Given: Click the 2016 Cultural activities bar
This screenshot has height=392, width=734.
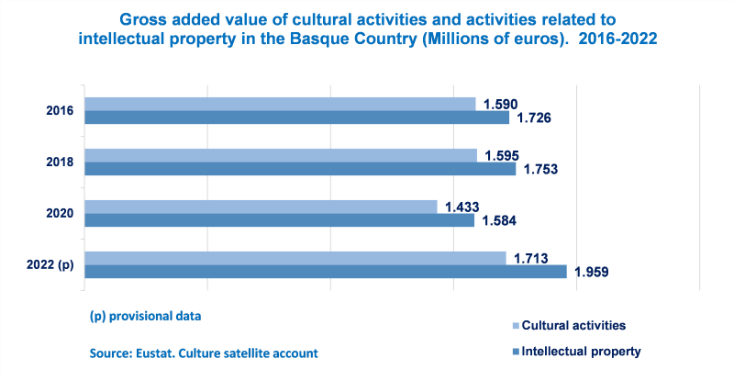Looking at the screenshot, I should [x=280, y=104].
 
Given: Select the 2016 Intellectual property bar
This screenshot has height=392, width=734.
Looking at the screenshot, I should [x=296, y=118].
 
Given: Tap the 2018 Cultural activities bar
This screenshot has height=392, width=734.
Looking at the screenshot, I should [x=281, y=155].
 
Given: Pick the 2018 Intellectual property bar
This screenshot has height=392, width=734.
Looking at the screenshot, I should [x=300, y=169].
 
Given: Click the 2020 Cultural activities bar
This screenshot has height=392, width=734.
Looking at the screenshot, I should [x=261, y=207].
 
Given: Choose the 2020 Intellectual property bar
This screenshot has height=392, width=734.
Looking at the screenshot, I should [x=279, y=220].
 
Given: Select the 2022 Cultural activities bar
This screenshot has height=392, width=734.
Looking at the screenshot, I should [x=295, y=258].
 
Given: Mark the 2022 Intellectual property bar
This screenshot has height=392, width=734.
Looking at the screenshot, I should [x=326, y=272].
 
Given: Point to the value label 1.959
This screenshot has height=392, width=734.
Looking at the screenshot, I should [x=592, y=272].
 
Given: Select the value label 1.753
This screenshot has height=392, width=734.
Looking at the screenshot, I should [x=540, y=169].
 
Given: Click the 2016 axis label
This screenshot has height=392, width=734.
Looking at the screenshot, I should [x=60, y=111].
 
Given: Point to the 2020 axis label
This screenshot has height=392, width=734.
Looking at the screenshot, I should [x=60, y=214].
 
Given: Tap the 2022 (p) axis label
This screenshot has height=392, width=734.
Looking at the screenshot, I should [x=52, y=265].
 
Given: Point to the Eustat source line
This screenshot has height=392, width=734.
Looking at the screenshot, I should [x=204, y=353].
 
